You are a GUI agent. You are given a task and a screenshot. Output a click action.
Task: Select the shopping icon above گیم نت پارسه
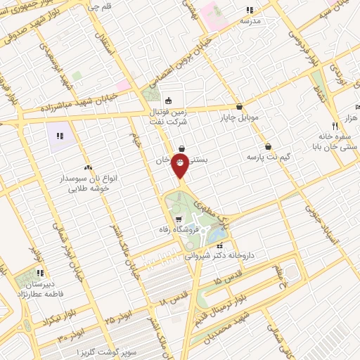pos(269,146)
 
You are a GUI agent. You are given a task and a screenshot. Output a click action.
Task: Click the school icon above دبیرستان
pos(41,272)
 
